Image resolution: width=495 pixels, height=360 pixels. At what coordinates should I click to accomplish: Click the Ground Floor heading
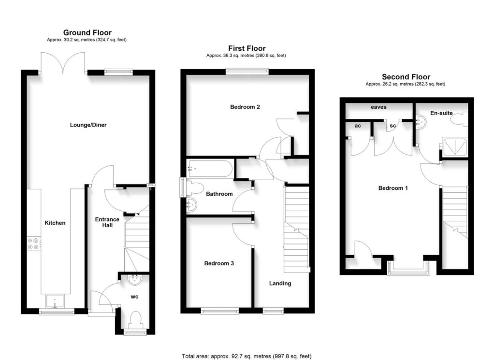(87, 33)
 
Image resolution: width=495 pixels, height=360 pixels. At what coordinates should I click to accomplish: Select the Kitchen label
(55, 223)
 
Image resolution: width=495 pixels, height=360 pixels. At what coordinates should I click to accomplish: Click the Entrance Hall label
(107, 223)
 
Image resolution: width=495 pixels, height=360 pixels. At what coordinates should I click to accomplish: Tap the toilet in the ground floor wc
(135, 319)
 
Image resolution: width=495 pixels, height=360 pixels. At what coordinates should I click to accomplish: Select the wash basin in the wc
(134, 279)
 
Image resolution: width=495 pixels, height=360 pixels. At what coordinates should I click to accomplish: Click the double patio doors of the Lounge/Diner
(64, 63)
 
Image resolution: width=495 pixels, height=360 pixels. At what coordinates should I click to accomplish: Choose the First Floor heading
(247, 48)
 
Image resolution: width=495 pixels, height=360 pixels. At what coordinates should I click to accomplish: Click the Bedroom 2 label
(245, 107)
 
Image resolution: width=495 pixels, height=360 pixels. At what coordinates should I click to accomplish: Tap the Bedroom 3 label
(219, 263)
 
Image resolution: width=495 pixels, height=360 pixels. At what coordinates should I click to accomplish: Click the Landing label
(280, 283)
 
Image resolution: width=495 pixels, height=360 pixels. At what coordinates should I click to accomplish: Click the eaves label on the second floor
(378, 107)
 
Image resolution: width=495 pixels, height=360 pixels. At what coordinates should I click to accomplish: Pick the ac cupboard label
(357, 125)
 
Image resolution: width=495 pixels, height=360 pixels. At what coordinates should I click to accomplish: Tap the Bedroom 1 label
(393, 188)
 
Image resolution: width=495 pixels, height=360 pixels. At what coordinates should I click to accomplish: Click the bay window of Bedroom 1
(409, 269)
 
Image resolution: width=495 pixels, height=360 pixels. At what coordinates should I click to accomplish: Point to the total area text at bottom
(247, 356)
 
